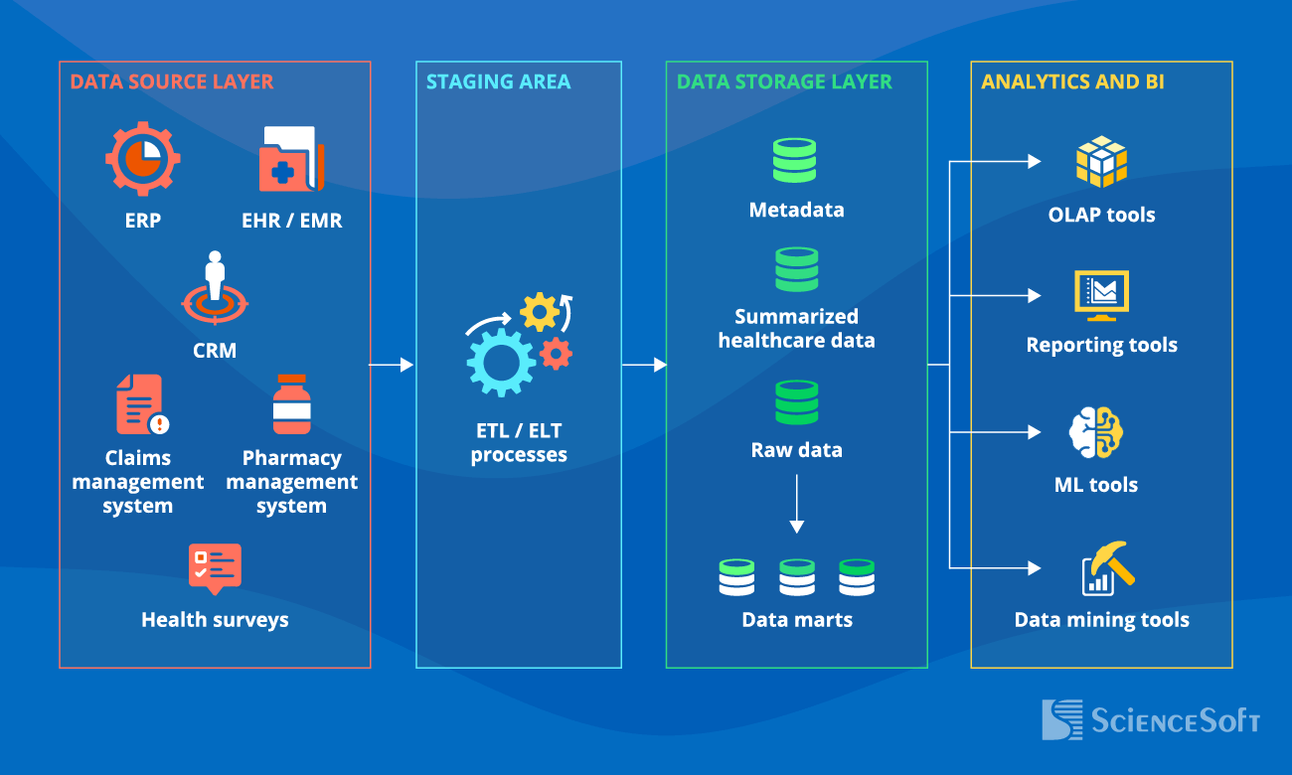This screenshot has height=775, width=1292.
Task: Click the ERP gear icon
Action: coord(143,159)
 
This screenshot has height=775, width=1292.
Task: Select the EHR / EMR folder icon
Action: coord(290,159)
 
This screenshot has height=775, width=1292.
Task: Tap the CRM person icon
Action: coord(215,289)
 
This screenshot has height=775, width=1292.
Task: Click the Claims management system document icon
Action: coord(142,405)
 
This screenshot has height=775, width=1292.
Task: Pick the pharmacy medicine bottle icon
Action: coord(291,404)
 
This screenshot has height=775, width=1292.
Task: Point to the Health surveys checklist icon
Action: coord(215,567)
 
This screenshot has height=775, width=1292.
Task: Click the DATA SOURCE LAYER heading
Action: coord(171,81)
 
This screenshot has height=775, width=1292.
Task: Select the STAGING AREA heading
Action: coord(498,81)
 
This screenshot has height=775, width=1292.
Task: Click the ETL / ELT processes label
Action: coord(519,443)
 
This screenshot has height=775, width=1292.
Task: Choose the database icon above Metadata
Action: coord(795,160)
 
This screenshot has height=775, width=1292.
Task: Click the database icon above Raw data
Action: coord(796,402)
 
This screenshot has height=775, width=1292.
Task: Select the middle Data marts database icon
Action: coord(796,577)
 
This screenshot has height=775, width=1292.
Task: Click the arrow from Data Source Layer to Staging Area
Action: coord(392,365)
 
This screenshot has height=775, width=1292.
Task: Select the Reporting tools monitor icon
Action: coord(1101,295)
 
